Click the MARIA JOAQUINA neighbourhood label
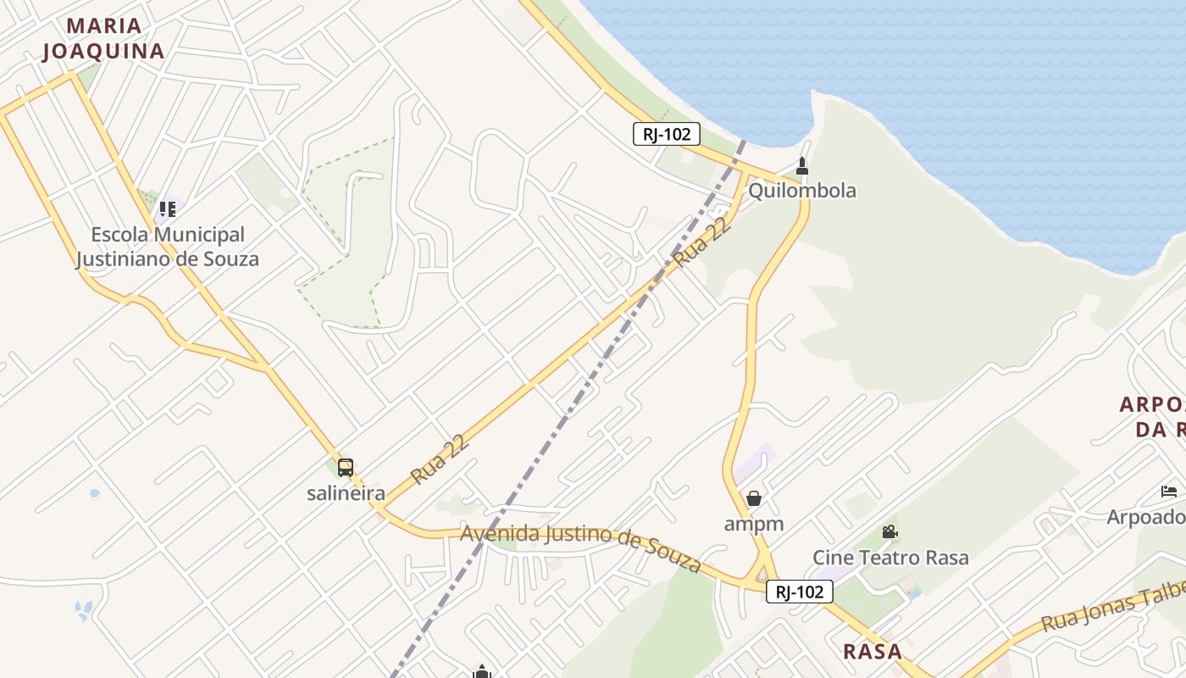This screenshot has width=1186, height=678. tap(103, 39)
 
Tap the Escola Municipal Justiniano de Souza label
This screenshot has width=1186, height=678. tap(168, 247)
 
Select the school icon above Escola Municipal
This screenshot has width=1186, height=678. tap(168, 208)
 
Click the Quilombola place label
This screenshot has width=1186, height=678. tap(801, 191)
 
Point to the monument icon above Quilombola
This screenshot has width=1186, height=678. tap(802, 165)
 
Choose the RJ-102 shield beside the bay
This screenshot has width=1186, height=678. tap(667, 134)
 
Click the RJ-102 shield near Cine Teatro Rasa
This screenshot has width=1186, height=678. tap(799, 592)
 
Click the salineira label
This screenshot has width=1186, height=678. tap(346, 493)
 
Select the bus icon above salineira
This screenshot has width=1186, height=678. tap(346, 467)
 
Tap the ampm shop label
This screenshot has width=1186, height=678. tap(753, 524)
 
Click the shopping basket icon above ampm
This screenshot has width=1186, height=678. tap(754, 498)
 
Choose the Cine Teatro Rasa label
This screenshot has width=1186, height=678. tap(890, 558)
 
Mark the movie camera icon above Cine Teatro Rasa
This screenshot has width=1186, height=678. tap(890, 532)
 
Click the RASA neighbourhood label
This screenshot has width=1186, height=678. tap(873, 651)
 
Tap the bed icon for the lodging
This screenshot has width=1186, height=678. tap(1169, 492)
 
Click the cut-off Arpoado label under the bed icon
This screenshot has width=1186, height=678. tap(1146, 516)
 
